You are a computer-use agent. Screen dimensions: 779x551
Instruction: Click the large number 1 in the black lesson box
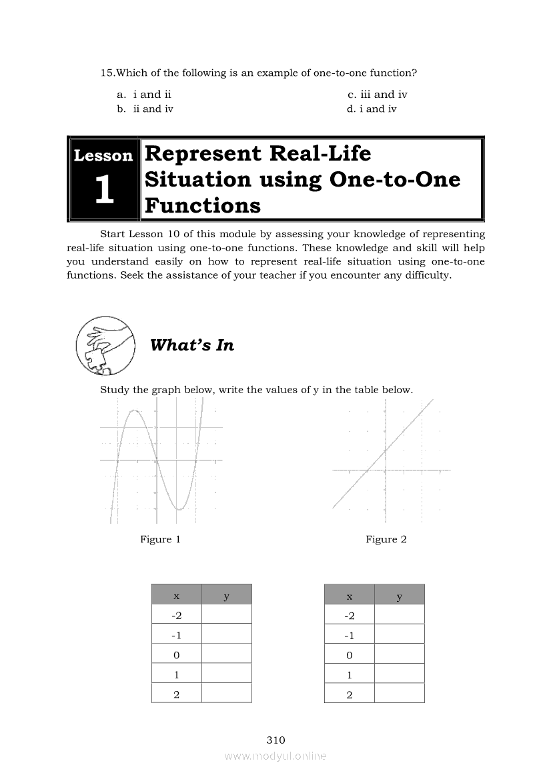[103, 191]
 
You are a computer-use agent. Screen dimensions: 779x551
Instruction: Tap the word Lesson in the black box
[103, 156]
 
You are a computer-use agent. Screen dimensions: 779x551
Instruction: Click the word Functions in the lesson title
[202, 205]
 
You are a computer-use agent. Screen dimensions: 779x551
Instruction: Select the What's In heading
[192, 345]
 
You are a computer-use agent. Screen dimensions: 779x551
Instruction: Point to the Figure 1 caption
[160, 539]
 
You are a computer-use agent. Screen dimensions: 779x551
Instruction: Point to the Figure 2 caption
[386, 539]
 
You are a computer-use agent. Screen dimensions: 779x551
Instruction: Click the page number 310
[275, 740]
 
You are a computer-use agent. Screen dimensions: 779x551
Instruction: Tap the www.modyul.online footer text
[275, 756]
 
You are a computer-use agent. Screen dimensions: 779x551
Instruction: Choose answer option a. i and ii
[144, 95]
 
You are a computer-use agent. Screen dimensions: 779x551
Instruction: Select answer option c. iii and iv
[377, 95]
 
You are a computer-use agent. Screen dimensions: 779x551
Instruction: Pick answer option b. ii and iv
[145, 109]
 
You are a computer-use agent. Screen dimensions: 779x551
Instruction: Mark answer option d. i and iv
[372, 109]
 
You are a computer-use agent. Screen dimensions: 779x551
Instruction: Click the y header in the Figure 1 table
[227, 595]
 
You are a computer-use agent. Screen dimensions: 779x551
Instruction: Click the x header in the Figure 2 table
[349, 595]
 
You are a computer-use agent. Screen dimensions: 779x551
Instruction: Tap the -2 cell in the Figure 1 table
[176, 614]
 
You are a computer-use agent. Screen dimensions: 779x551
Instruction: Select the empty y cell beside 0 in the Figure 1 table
[227, 654]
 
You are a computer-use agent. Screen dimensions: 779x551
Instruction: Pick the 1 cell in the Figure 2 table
[349, 674]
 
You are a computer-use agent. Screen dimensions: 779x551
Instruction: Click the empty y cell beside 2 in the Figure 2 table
[399, 694]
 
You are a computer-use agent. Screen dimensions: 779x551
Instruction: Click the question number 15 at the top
[107, 73]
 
